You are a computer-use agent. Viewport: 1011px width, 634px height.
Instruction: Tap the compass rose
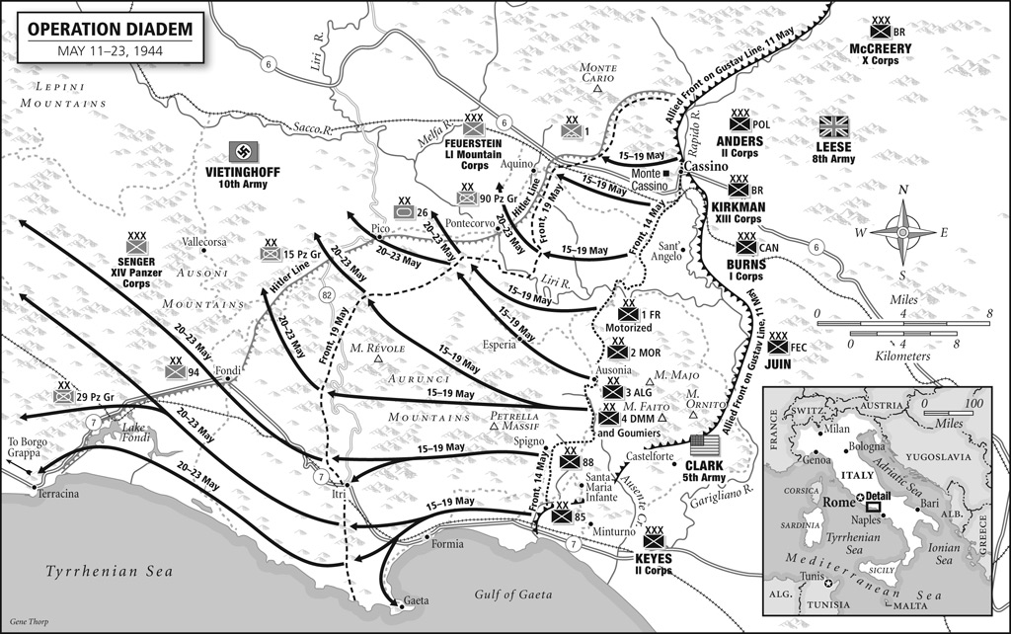[x=902, y=232]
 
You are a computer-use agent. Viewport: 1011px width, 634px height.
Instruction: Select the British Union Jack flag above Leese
[x=834, y=126]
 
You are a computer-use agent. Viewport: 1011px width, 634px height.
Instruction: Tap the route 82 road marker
[x=328, y=295]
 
